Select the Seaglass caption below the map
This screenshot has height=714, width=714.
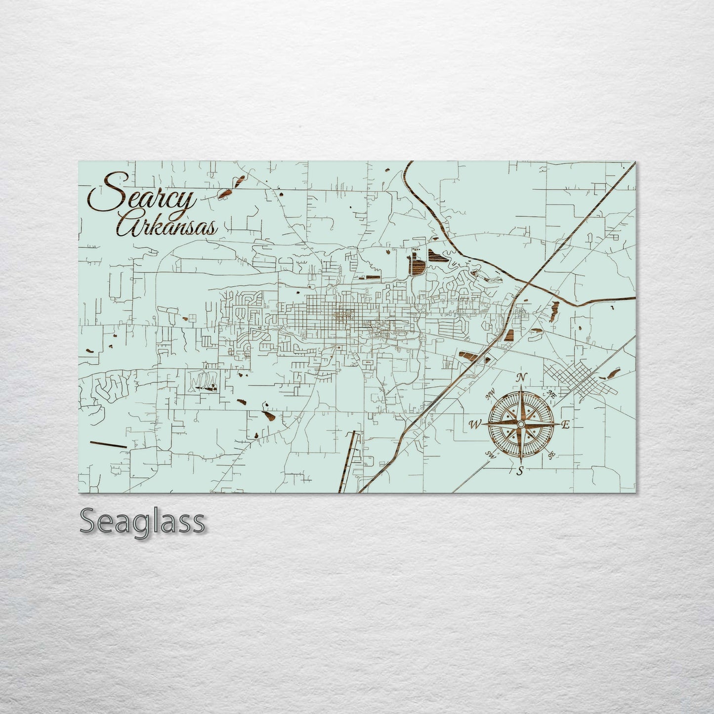(x=142, y=521)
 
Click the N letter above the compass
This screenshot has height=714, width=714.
(x=520, y=378)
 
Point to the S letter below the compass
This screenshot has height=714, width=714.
(x=520, y=470)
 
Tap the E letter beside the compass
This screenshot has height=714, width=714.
(x=566, y=424)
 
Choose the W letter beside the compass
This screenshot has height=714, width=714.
(x=476, y=424)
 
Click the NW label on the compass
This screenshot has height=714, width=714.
(x=490, y=394)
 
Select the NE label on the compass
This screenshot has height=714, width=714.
(x=551, y=394)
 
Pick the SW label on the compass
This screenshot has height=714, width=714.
(x=490, y=455)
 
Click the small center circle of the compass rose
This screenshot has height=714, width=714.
(x=520, y=424)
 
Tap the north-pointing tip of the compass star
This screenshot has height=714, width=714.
(x=520, y=388)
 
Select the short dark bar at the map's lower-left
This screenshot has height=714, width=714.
(x=108, y=444)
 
